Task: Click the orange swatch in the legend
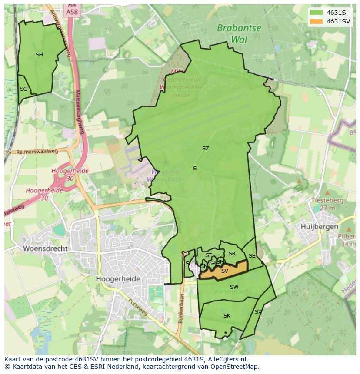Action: coord(317,21)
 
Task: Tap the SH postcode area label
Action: coord(39,55)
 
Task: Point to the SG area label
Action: coord(23,89)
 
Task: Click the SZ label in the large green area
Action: coord(205,149)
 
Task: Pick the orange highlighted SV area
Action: coord(224,271)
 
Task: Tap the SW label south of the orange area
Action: coord(234,287)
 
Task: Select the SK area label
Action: coord(227,316)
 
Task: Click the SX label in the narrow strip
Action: coord(258,312)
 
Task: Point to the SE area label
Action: coord(252,256)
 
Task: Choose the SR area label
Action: coord(232,254)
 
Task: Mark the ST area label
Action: coord(208,255)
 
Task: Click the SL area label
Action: coord(188,264)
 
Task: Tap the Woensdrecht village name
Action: coord(46,249)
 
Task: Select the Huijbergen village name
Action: coord(319,227)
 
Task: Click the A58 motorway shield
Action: coord(72,12)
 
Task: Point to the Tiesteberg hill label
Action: coord(327,201)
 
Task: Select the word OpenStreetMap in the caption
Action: coord(234,367)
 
